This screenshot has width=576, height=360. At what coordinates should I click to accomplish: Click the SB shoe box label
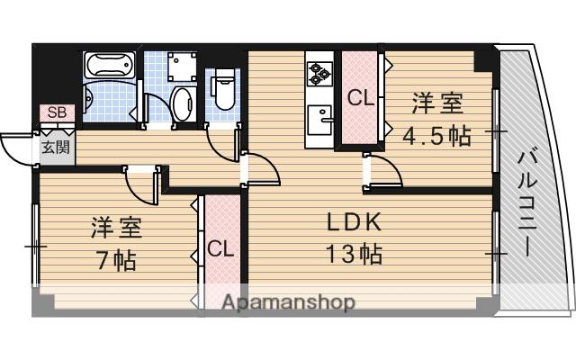pos(56,112)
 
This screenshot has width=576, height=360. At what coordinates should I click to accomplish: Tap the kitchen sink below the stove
pos(319,118)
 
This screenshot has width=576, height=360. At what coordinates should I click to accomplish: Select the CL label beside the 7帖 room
pos(220,248)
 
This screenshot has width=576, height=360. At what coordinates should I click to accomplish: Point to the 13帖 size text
pos(354,254)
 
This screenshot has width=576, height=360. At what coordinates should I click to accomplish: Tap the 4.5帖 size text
pos(436,137)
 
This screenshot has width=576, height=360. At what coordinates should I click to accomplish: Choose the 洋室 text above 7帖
pos(115,227)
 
